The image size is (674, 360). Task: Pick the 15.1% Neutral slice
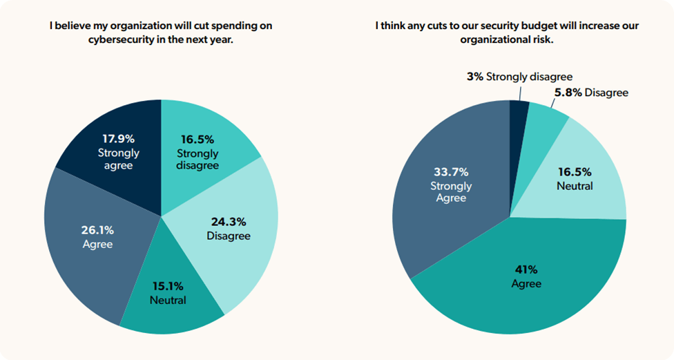click(169, 297)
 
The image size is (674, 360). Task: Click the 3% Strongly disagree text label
click(519, 77)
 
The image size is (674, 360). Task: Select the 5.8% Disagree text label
click(591, 92)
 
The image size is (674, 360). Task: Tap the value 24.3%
click(228, 222)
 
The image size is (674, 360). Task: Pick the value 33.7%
click(451, 172)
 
